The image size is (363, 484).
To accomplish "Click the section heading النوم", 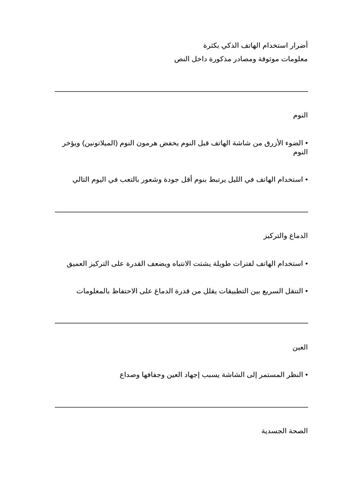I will click(300, 115).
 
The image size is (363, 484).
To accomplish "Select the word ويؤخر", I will click(71, 143).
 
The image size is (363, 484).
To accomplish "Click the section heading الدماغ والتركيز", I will click(285, 236).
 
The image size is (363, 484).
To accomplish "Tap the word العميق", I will click(78, 264).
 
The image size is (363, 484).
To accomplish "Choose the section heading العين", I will click(300, 347).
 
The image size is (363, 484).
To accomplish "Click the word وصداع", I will click(129, 375).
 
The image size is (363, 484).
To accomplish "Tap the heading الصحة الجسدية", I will click(285, 431).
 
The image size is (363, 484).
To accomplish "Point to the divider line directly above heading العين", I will click(181, 323).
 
